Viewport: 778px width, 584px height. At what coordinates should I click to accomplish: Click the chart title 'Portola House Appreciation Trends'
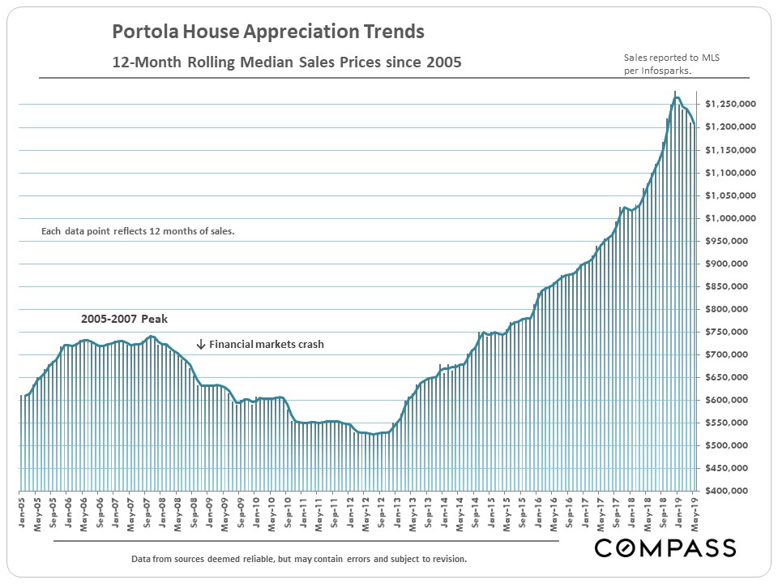[267, 32]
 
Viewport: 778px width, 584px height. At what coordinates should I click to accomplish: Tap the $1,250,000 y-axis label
[730, 105]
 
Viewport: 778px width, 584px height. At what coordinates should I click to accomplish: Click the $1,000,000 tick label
[730, 218]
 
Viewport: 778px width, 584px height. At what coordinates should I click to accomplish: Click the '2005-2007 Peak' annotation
[124, 319]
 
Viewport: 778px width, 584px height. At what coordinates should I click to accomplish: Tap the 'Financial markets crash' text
[267, 344]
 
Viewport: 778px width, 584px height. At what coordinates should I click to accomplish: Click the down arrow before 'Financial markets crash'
[201, 344]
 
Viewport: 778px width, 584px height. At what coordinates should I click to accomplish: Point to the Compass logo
[665, 548]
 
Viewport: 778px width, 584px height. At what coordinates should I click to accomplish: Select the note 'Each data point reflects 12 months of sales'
[138, 231]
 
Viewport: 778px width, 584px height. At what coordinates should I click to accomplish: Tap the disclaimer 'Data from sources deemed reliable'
[298, 560]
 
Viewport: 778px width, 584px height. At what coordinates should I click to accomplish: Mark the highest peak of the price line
[675, 98]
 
